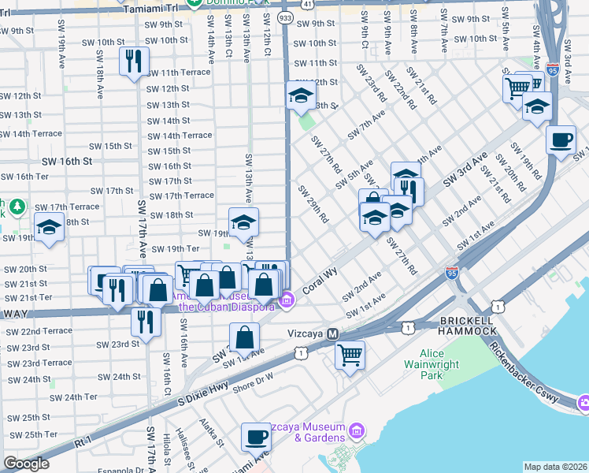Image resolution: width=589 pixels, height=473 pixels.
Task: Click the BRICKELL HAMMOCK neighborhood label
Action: click(468, 327)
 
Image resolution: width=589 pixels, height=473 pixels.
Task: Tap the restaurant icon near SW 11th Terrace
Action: click(133, 61)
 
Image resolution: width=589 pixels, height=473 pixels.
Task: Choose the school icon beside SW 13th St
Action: click(299, 96)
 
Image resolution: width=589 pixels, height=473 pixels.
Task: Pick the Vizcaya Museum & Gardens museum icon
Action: click(357, 430)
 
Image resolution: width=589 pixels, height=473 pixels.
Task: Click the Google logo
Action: click(26, 464)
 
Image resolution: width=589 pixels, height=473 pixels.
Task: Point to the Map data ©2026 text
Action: click(555, 467)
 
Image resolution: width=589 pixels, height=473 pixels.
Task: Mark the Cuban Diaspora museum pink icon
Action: click(287, 299)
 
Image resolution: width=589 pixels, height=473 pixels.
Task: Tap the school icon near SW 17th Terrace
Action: click(50, 229)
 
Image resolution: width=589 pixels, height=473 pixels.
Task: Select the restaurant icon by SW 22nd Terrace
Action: click(145, 320)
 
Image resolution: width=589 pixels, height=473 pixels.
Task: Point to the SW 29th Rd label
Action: click(313, 203)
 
